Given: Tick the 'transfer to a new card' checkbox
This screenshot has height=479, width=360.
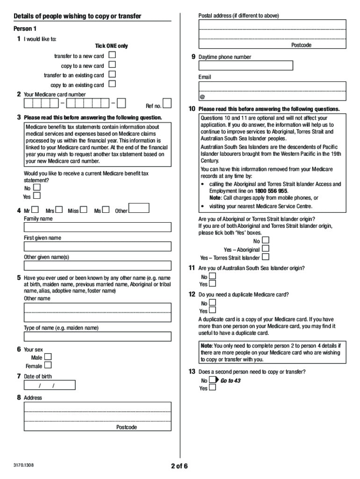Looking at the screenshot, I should (x=112, y=55).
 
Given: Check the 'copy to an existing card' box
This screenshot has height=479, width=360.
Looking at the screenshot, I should (x=112, y=84).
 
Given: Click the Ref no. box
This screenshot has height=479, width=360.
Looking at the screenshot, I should (x=167, y=103).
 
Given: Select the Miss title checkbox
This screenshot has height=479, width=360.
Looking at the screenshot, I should (x=84, y=210).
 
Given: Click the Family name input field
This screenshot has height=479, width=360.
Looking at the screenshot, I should (x=97, y=227).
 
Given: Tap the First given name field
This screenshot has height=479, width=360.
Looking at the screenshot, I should (x=97, y=247).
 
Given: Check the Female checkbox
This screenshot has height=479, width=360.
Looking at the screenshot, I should (x=48, y=365).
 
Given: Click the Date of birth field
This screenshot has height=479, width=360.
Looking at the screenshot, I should (x=49, y=385).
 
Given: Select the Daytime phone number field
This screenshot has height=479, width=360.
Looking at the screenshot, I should (x=246, y=65).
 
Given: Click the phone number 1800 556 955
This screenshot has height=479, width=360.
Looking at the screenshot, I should (x=271, y=191).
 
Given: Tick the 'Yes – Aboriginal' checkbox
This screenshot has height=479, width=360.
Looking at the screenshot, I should (x=266, y=249).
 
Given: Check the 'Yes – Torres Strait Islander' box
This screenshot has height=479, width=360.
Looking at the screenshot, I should (x=266, y=257).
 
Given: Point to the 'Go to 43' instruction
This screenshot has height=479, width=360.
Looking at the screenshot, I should (x=230, y=381).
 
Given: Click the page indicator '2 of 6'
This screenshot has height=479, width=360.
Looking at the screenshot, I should (x=180, y=466).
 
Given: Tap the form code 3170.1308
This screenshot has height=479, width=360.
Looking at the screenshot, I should (x=24, y=465).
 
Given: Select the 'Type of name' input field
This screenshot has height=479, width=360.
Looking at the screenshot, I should (x=97, y=337).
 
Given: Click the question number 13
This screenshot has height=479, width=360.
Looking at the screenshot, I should (x=192, y=371).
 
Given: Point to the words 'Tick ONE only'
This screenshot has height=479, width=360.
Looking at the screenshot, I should (x=111, y=46).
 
